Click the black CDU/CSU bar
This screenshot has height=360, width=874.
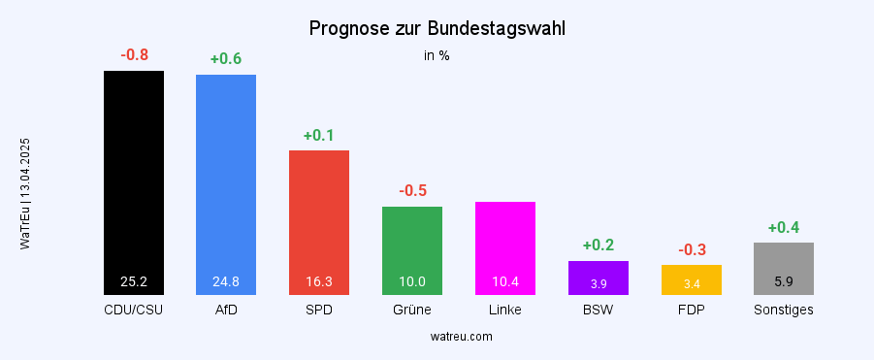pyautogui.click(x=134, y=175)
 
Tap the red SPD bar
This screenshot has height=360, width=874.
pyautogui.click(x=319, y=213)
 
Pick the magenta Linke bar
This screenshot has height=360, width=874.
pyautogui.click(x=505, y=243)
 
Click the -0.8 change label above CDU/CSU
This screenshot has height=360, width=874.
pyautogui.click(x=134, y=54)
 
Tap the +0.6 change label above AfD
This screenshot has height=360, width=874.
pyautogui.click(x=226, y=59)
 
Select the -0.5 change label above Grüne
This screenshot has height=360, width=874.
pyautogui.click(x=412, y=190)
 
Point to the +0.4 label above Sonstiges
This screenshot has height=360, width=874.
pyautogui.click(x=784, y=227)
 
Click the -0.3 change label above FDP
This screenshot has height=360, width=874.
pyautogui.click(x=692, y=249)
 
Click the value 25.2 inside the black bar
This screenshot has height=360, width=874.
pyautogui.click(x=134, y=282)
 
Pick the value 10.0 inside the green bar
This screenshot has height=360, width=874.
pyautogui.click(x=412, y=282)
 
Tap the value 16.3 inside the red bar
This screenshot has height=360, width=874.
pyautogui.click(x=319, y=282)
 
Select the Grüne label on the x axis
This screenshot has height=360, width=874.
pyautogui.click(x=412, y=310)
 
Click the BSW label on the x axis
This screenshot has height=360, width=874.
pyautogui.click(x=599, y=310)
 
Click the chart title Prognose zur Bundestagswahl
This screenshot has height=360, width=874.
pyautogui.click(x=437, y=29)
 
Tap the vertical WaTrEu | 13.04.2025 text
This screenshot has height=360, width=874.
pyautogui.click(x=25, y=194)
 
